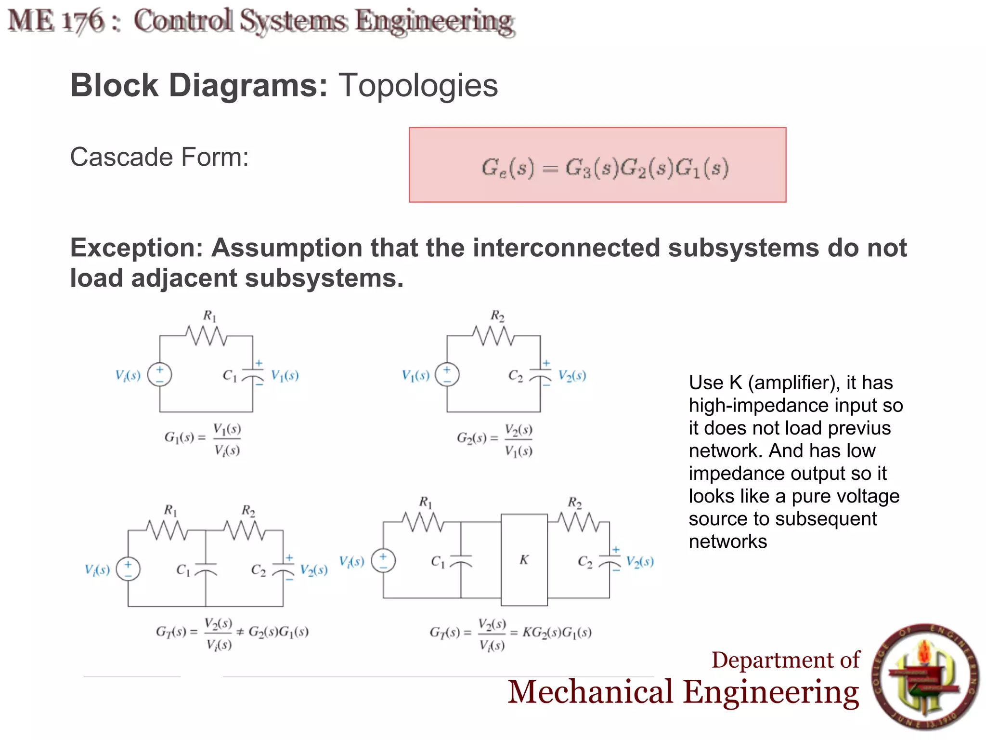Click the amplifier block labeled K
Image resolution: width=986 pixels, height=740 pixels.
[524, 560]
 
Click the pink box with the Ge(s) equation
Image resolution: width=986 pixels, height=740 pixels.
[597, 165]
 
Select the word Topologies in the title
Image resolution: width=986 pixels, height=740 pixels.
[418, 86]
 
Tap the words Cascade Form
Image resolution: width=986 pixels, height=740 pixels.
[159, 157]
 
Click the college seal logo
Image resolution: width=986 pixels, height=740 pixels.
[925, 676]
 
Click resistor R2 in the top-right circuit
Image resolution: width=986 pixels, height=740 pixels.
[494, 335]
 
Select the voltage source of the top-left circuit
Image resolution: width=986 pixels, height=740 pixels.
[160, 375]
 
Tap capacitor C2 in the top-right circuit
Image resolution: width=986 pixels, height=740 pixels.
[540, 376]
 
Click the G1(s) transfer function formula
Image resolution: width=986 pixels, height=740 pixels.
[202, 438]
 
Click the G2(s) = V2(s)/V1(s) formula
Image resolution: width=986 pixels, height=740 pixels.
[494, 439]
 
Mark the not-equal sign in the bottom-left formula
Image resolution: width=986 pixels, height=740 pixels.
[240, 632]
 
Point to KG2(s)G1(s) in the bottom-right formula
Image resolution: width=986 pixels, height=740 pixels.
[557, 632]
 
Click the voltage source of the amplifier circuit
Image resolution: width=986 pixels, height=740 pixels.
[383, 561]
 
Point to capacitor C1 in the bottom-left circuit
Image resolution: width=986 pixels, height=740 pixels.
[206, 569]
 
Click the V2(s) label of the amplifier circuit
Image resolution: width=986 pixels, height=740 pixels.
[640, 562]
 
